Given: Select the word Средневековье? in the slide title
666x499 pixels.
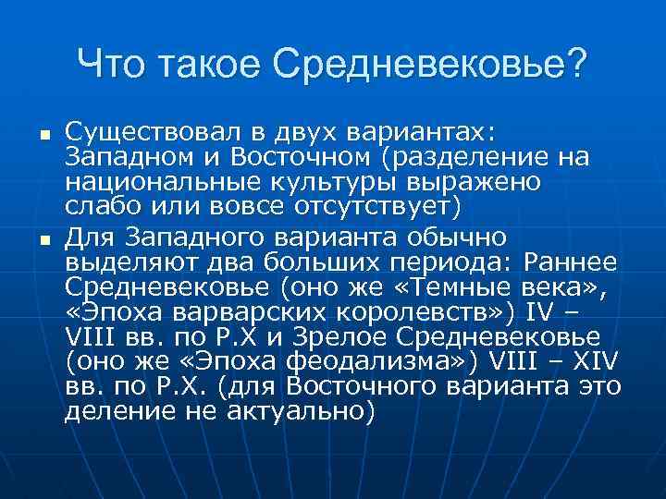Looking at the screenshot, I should [430, 65].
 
